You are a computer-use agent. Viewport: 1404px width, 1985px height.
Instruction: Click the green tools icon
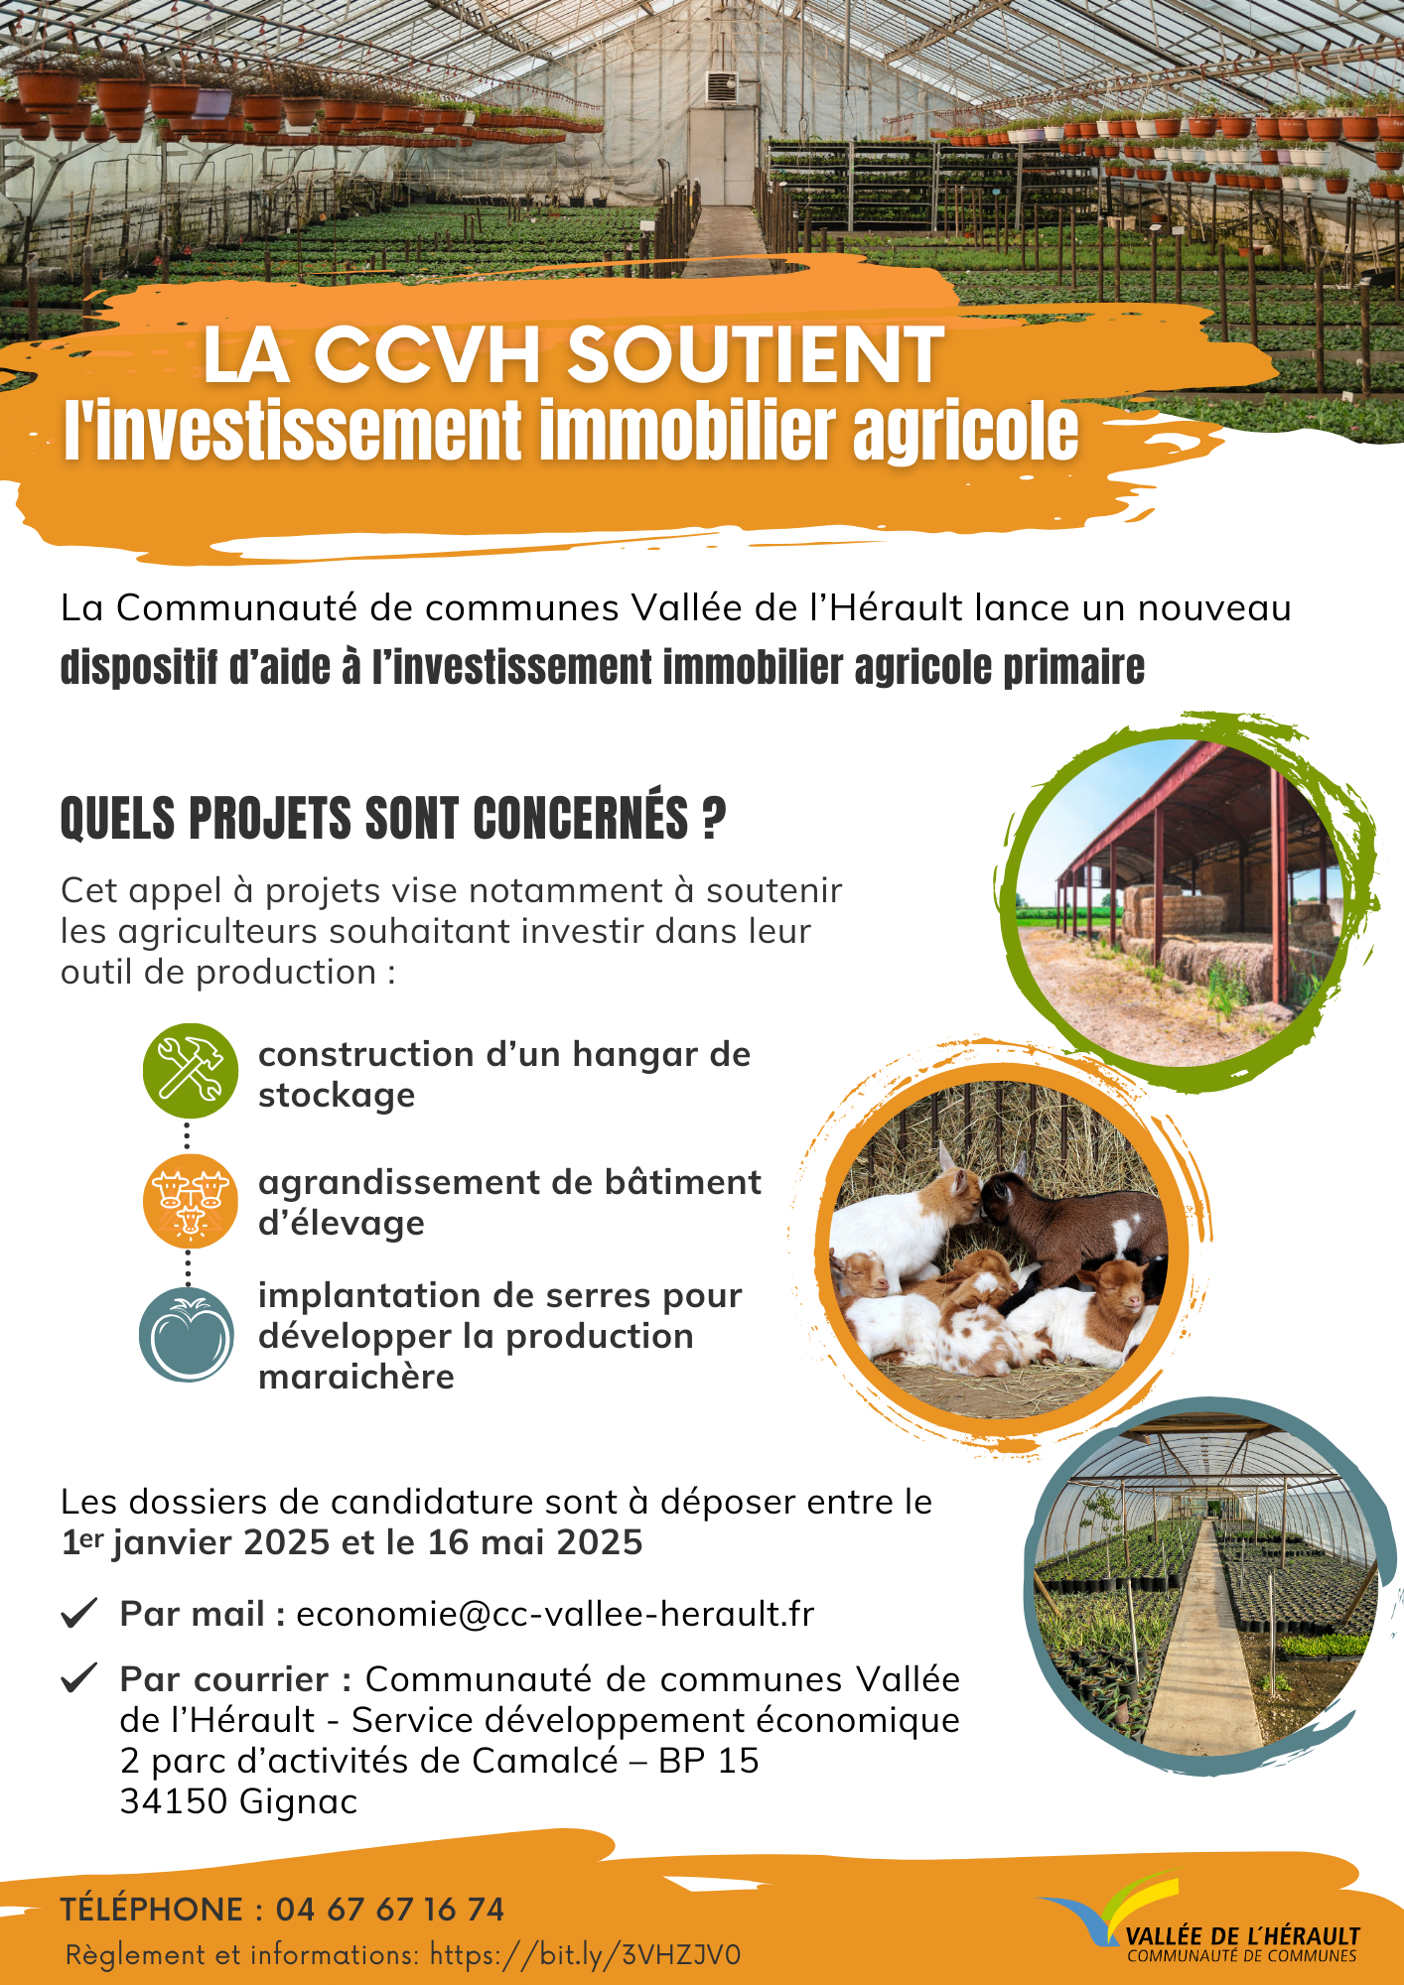190,1071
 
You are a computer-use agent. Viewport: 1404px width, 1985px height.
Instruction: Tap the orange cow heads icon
190,1201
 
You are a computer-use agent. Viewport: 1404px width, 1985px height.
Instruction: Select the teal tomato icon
188,1335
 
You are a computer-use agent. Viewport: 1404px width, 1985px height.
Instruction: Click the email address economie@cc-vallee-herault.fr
555,1615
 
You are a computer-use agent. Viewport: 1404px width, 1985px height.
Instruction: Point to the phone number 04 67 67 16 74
390,1909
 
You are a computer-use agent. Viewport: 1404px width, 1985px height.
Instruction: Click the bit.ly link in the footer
585,1955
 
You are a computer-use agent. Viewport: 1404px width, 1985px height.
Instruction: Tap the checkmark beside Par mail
78,1613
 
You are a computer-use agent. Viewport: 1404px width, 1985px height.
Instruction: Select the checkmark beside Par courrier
78,1677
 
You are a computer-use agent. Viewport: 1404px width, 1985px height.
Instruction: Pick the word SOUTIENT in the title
755,354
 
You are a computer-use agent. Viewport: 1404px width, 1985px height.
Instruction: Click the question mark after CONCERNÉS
714,820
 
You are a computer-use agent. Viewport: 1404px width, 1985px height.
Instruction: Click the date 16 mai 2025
535,1543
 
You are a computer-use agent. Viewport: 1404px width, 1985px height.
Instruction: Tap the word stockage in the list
337,1096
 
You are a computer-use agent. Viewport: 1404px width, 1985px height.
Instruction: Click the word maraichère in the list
356,1378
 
